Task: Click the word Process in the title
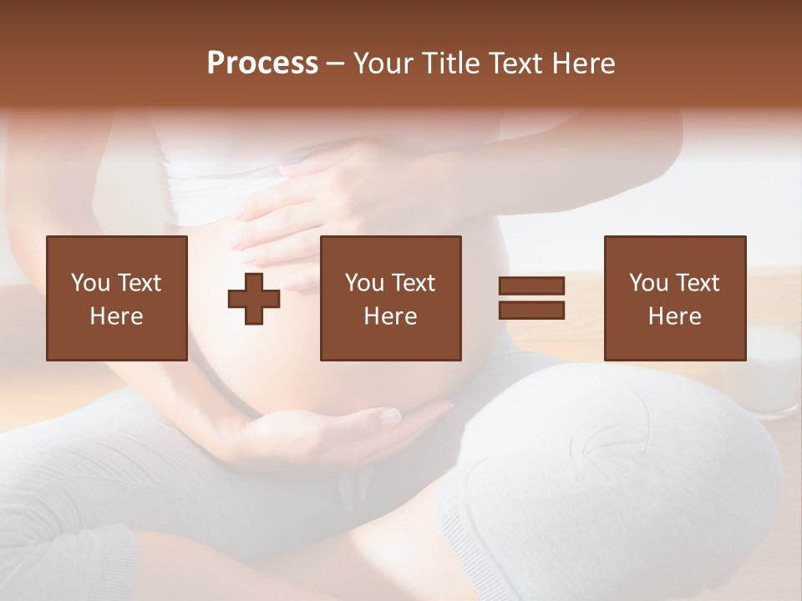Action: tap(262, 63)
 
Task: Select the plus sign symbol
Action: tap(254, 299)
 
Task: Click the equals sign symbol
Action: tap(531, 298)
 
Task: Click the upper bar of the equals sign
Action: tap(531, 286)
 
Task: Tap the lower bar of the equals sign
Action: tap(531, 311)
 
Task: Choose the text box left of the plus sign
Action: tap(117, 298)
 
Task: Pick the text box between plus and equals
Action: tap(390, 298)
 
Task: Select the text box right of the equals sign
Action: tap(674, 298)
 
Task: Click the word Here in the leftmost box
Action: tap(116, 316)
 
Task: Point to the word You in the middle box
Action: tap(364, 283)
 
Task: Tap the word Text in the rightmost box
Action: tap(697, 283)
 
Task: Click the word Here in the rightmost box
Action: tap(674, 316)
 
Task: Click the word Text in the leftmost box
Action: tap(139, 283)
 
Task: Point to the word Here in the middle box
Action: tap(390, 316)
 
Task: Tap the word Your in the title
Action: tap(383, 63)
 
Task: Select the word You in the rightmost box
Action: tap(648, 283)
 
